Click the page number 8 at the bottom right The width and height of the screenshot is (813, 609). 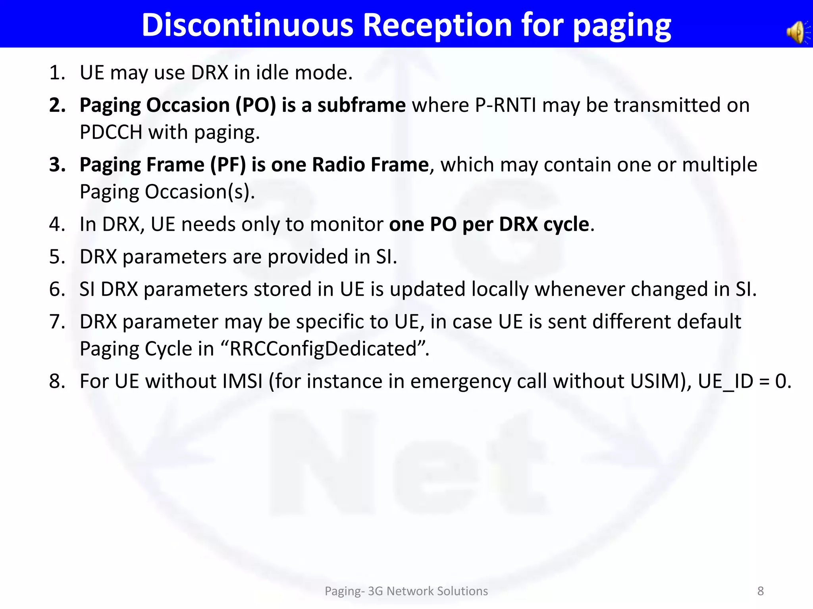click(x=760, y=591)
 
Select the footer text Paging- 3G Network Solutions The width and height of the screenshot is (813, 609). click(x=406, y=591)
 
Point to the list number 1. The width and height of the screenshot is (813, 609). click(x=57, y=73)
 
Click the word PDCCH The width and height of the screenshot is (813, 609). click(x=111, y=132)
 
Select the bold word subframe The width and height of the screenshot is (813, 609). click(x=361, y=105)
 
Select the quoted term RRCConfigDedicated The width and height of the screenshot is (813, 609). click(x=323, y=349)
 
